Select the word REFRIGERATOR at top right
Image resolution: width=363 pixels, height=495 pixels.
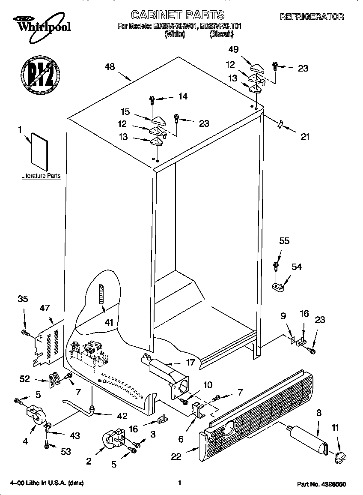point(312,17)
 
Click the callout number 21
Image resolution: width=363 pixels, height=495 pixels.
point(304,137)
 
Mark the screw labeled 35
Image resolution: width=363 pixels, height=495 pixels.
point(25,332)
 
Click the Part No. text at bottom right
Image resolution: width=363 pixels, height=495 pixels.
point(321,484)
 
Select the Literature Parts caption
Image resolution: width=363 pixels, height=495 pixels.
point(41,176)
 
